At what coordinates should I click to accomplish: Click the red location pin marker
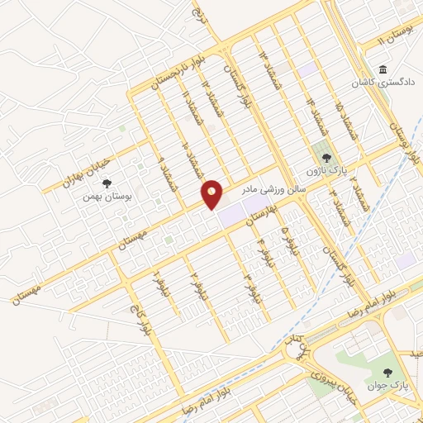[x=212, y=193]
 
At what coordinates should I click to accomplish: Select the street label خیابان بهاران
[x=88, y=165]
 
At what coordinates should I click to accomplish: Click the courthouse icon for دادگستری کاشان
[x=383, y=69]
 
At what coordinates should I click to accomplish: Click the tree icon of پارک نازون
[x=326, y=156]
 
